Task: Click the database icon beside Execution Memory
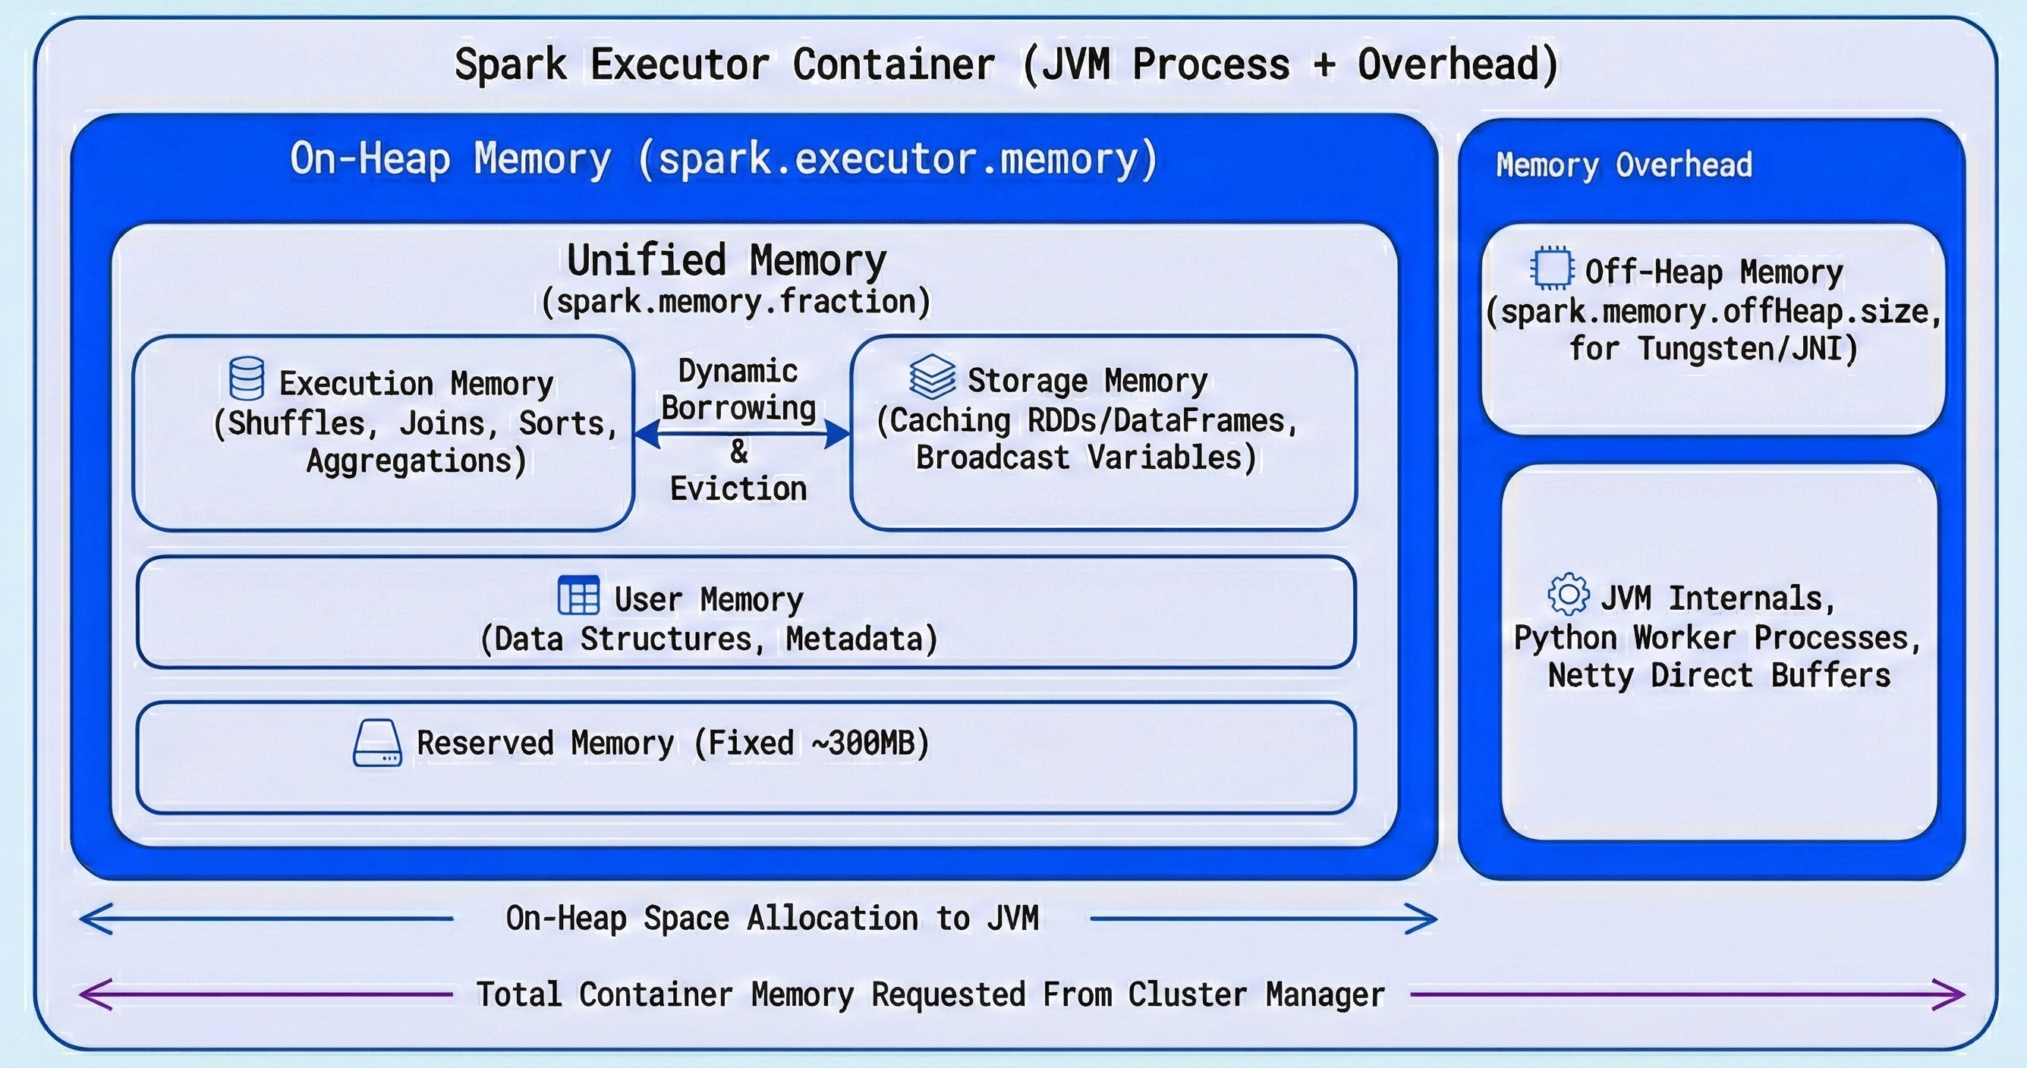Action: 247,379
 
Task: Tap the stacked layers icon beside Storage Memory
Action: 933,376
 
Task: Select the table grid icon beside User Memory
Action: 578,595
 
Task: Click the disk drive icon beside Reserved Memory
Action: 378,743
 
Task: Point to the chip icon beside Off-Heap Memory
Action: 1552,269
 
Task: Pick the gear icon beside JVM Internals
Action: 1568,594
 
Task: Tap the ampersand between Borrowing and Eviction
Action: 739,451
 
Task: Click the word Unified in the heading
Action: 646,260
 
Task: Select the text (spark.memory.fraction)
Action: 735,302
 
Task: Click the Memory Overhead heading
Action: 1624,165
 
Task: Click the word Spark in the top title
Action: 511,64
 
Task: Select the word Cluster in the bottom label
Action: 1188,995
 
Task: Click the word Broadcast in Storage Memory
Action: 993,457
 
